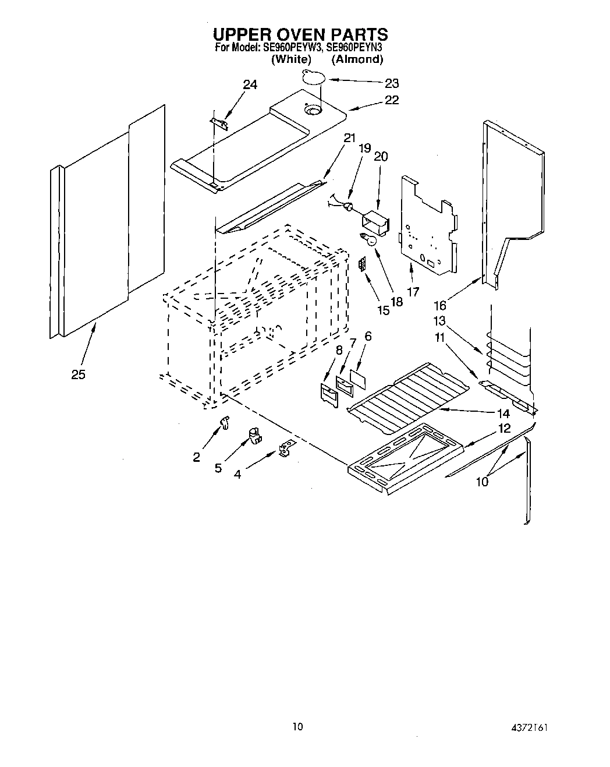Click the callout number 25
78,374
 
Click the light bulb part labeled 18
367,238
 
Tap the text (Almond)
357,59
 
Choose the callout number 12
504,428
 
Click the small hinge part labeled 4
286,448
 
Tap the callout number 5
218,468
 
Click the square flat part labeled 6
359,379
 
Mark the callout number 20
381,157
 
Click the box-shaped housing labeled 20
374,222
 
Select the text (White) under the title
291,59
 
